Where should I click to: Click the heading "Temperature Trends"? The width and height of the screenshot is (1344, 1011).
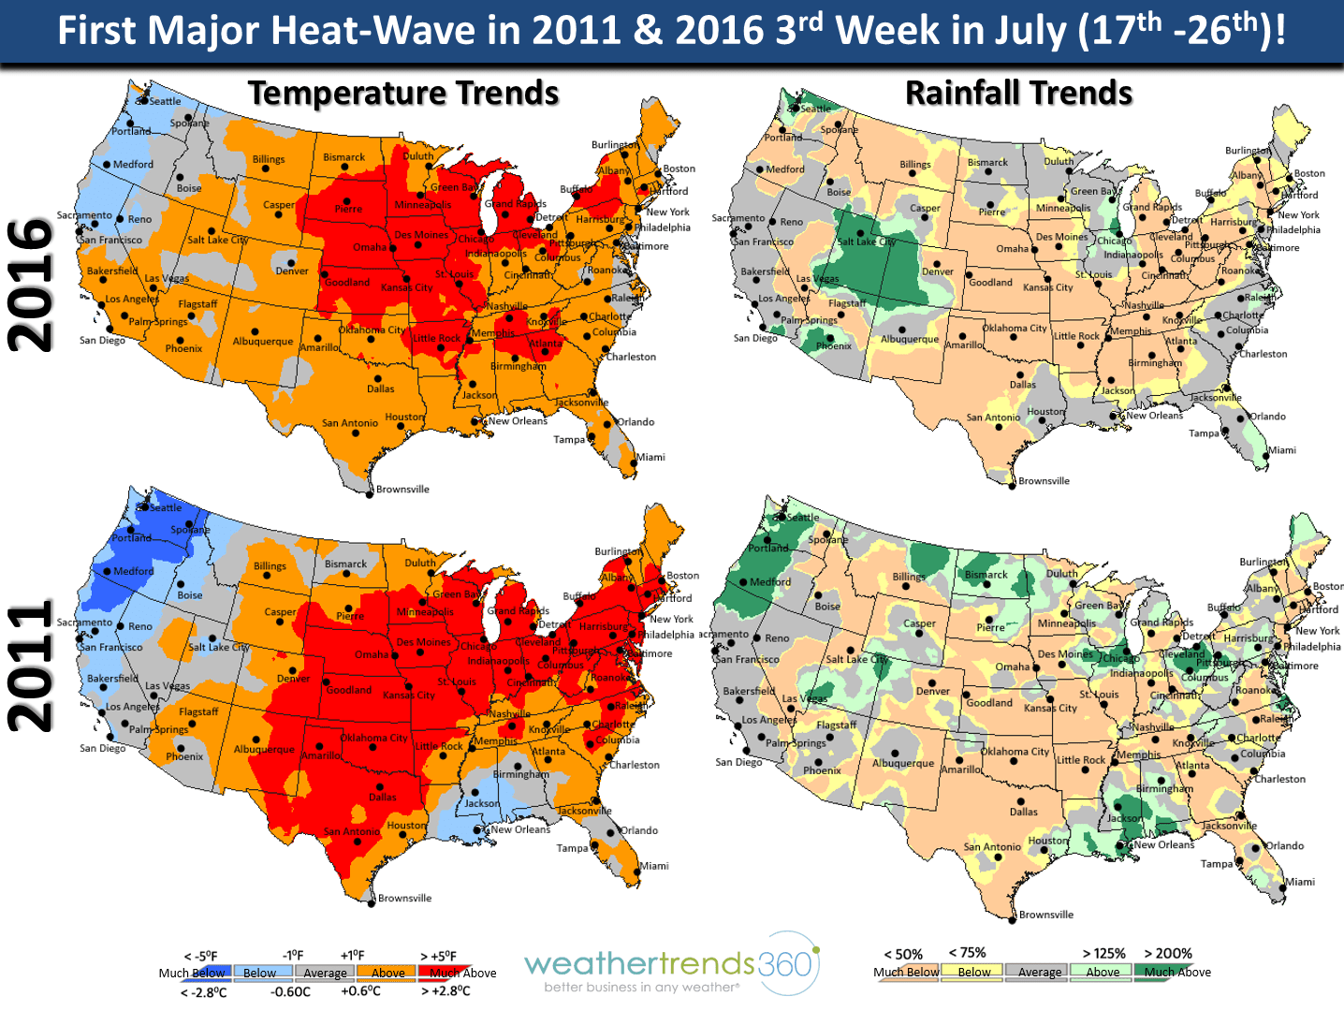403,94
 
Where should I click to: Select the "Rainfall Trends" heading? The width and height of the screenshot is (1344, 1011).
1018,94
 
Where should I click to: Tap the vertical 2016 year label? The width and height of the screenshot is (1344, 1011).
30,285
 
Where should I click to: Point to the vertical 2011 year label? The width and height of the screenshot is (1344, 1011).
30,667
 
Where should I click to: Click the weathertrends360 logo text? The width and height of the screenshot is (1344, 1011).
668,963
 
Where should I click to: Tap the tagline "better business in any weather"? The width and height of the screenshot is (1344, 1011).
641,987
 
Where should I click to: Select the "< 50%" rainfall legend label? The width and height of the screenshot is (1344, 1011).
902,954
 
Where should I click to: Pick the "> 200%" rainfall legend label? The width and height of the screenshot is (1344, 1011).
1168,953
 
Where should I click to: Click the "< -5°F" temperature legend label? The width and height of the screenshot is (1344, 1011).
200,956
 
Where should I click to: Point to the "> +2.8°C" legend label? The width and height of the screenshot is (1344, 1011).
446,991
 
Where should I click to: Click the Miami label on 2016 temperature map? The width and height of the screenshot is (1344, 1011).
651,458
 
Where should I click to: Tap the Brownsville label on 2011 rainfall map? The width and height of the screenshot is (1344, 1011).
1045,915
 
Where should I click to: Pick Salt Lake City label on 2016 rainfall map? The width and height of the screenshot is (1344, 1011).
867,242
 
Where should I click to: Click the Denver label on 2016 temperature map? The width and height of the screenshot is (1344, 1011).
292,271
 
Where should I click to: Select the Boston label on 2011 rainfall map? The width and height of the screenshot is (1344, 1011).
1327,587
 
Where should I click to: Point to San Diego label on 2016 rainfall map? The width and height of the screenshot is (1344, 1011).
755,338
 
